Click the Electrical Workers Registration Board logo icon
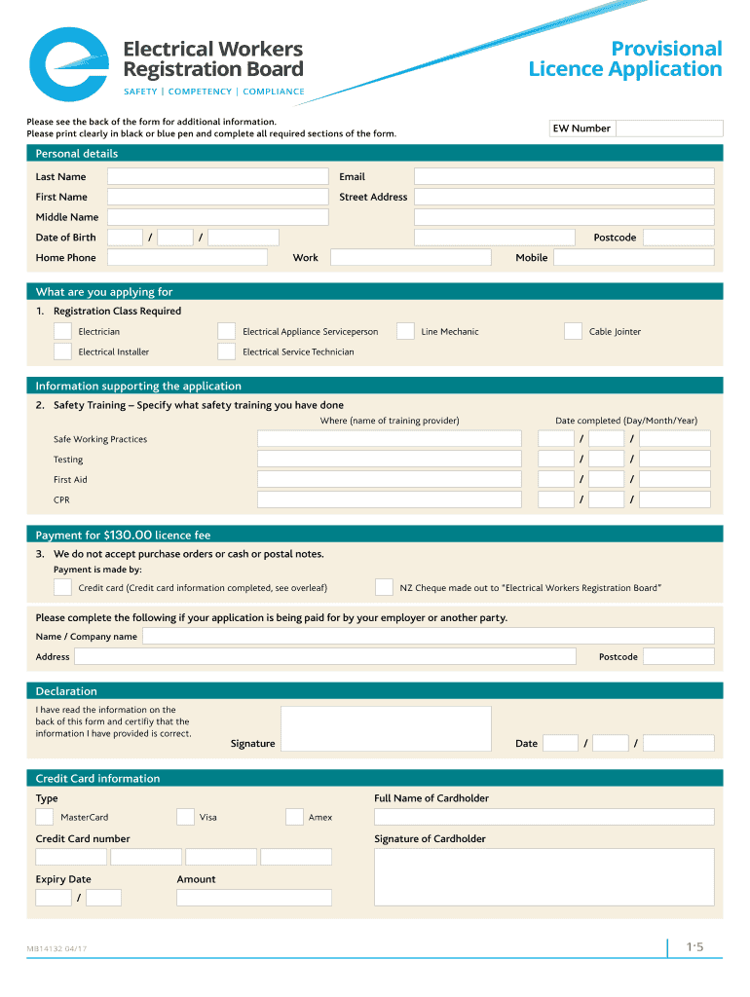click(69, 65)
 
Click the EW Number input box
click(669, 129)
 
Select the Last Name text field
click(217, 176)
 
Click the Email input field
click(563, 176)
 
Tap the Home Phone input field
click(187, 257)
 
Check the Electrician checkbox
click(62, 331)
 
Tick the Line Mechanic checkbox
click(405, 331)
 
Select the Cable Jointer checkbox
click(573, 331)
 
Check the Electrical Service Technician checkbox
click(226, 351)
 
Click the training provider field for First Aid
click(389, 479)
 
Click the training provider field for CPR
click(389, 499)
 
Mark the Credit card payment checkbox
click(62, 587)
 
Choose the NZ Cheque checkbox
click(384, 587)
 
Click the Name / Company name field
click(428, 636)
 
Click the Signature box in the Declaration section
click(386, 729)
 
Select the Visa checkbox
click(185, 817)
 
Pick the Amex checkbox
click(294, 817)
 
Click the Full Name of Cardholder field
click(544, 817)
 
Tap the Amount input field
click(253, 898)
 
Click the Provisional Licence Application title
click(625, 58)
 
